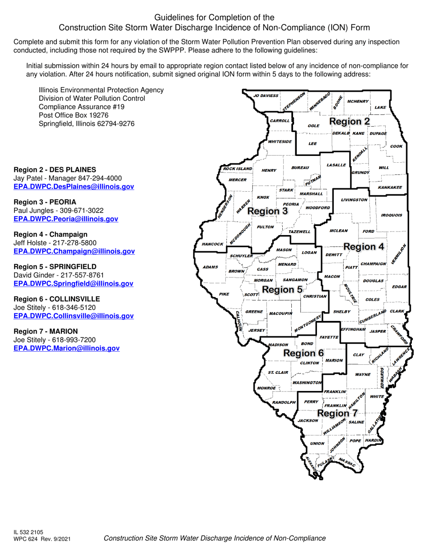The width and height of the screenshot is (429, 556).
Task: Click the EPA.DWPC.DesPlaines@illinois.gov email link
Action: coord(74,187)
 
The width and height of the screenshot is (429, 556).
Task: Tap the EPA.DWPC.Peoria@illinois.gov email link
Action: coord(66,219)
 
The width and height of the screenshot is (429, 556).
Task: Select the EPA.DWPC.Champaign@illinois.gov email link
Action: coord(74,251)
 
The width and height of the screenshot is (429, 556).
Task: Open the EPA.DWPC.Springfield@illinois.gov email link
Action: coord(74,283)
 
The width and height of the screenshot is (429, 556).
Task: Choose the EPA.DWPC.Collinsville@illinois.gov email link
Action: coord(74,316)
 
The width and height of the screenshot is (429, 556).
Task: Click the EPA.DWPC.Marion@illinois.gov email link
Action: coord(66,348)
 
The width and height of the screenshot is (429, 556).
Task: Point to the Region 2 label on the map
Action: coord(350,122)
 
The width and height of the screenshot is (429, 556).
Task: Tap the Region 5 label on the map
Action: coord(282,289)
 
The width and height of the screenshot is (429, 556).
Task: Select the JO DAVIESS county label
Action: coord(266,96)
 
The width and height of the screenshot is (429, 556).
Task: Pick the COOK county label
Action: coord(396,146)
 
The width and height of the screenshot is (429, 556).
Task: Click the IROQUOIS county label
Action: coord(392,215)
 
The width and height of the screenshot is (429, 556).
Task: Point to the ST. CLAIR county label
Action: coord(278,372)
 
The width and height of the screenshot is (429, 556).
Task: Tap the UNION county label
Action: coord(317,443)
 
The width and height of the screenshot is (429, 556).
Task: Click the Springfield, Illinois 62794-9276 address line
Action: coord(87,123)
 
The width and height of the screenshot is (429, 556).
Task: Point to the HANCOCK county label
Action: coord(212,244)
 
